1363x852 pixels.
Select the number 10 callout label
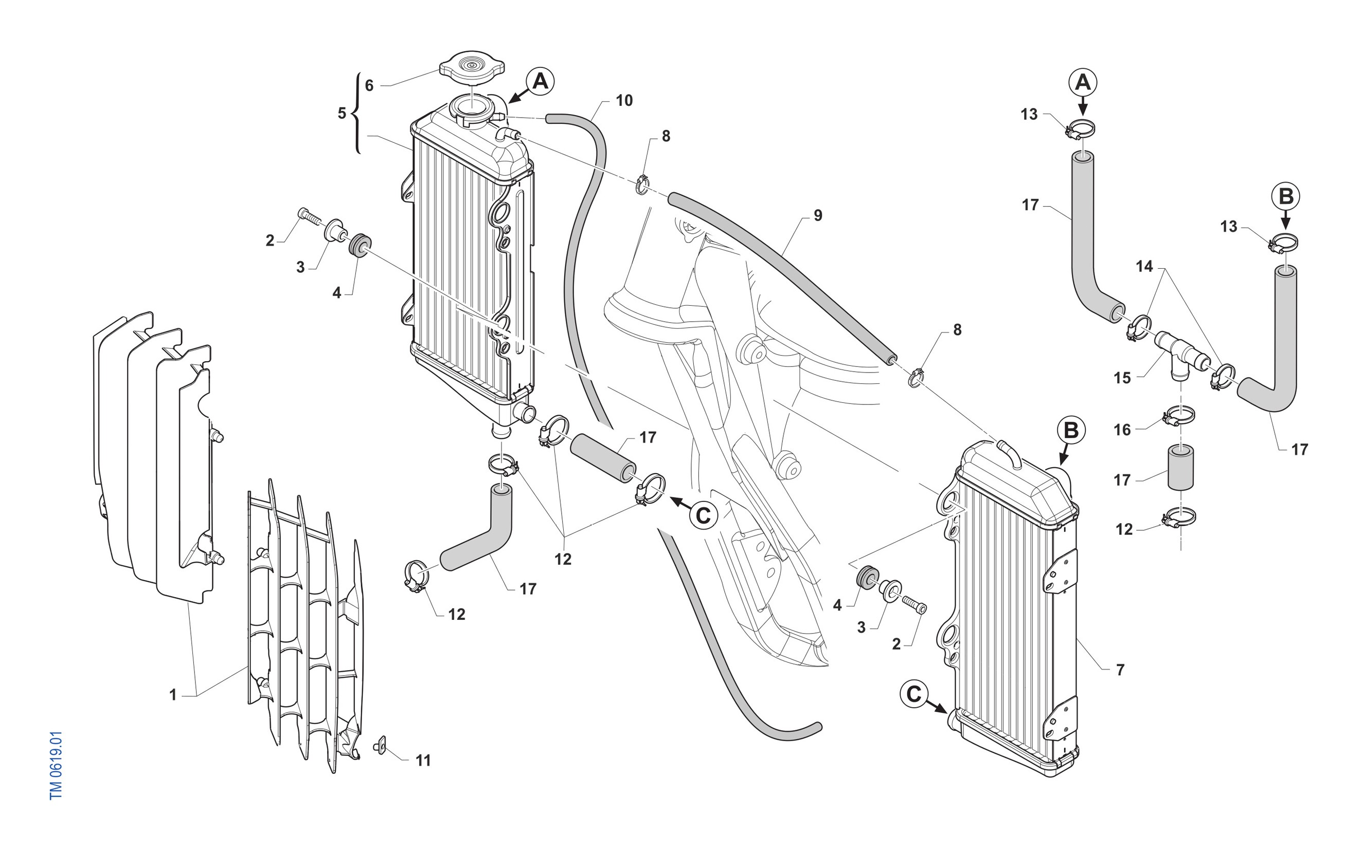[x=624, y=101]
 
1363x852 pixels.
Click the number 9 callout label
[x=818, y=215]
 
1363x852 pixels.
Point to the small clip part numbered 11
[x=380, y=747]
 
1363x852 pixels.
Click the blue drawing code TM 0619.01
[x=56, y=765]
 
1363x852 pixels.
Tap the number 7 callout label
[x=1120, y=670]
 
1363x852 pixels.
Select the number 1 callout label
[x=173, y=695]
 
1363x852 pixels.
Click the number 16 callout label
[x=1122, y=430]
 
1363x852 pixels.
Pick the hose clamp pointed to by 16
[x=1178, y=416]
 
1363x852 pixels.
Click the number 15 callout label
[x=1122, y=378]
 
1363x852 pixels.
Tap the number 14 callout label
[x=1144, y=267]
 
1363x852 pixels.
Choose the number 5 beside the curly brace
[x=342, y=113]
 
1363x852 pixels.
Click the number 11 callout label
[x=423, y=761]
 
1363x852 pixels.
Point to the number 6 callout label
[x=369, y=86]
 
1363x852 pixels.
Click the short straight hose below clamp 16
[x=1180, y=467]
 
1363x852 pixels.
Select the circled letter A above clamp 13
[x=1083, y=83]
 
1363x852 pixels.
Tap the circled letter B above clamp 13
[x=1286, y=197]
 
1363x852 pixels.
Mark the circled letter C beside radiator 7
[x=914, y=695]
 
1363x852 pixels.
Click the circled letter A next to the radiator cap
[x=540, y=82]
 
